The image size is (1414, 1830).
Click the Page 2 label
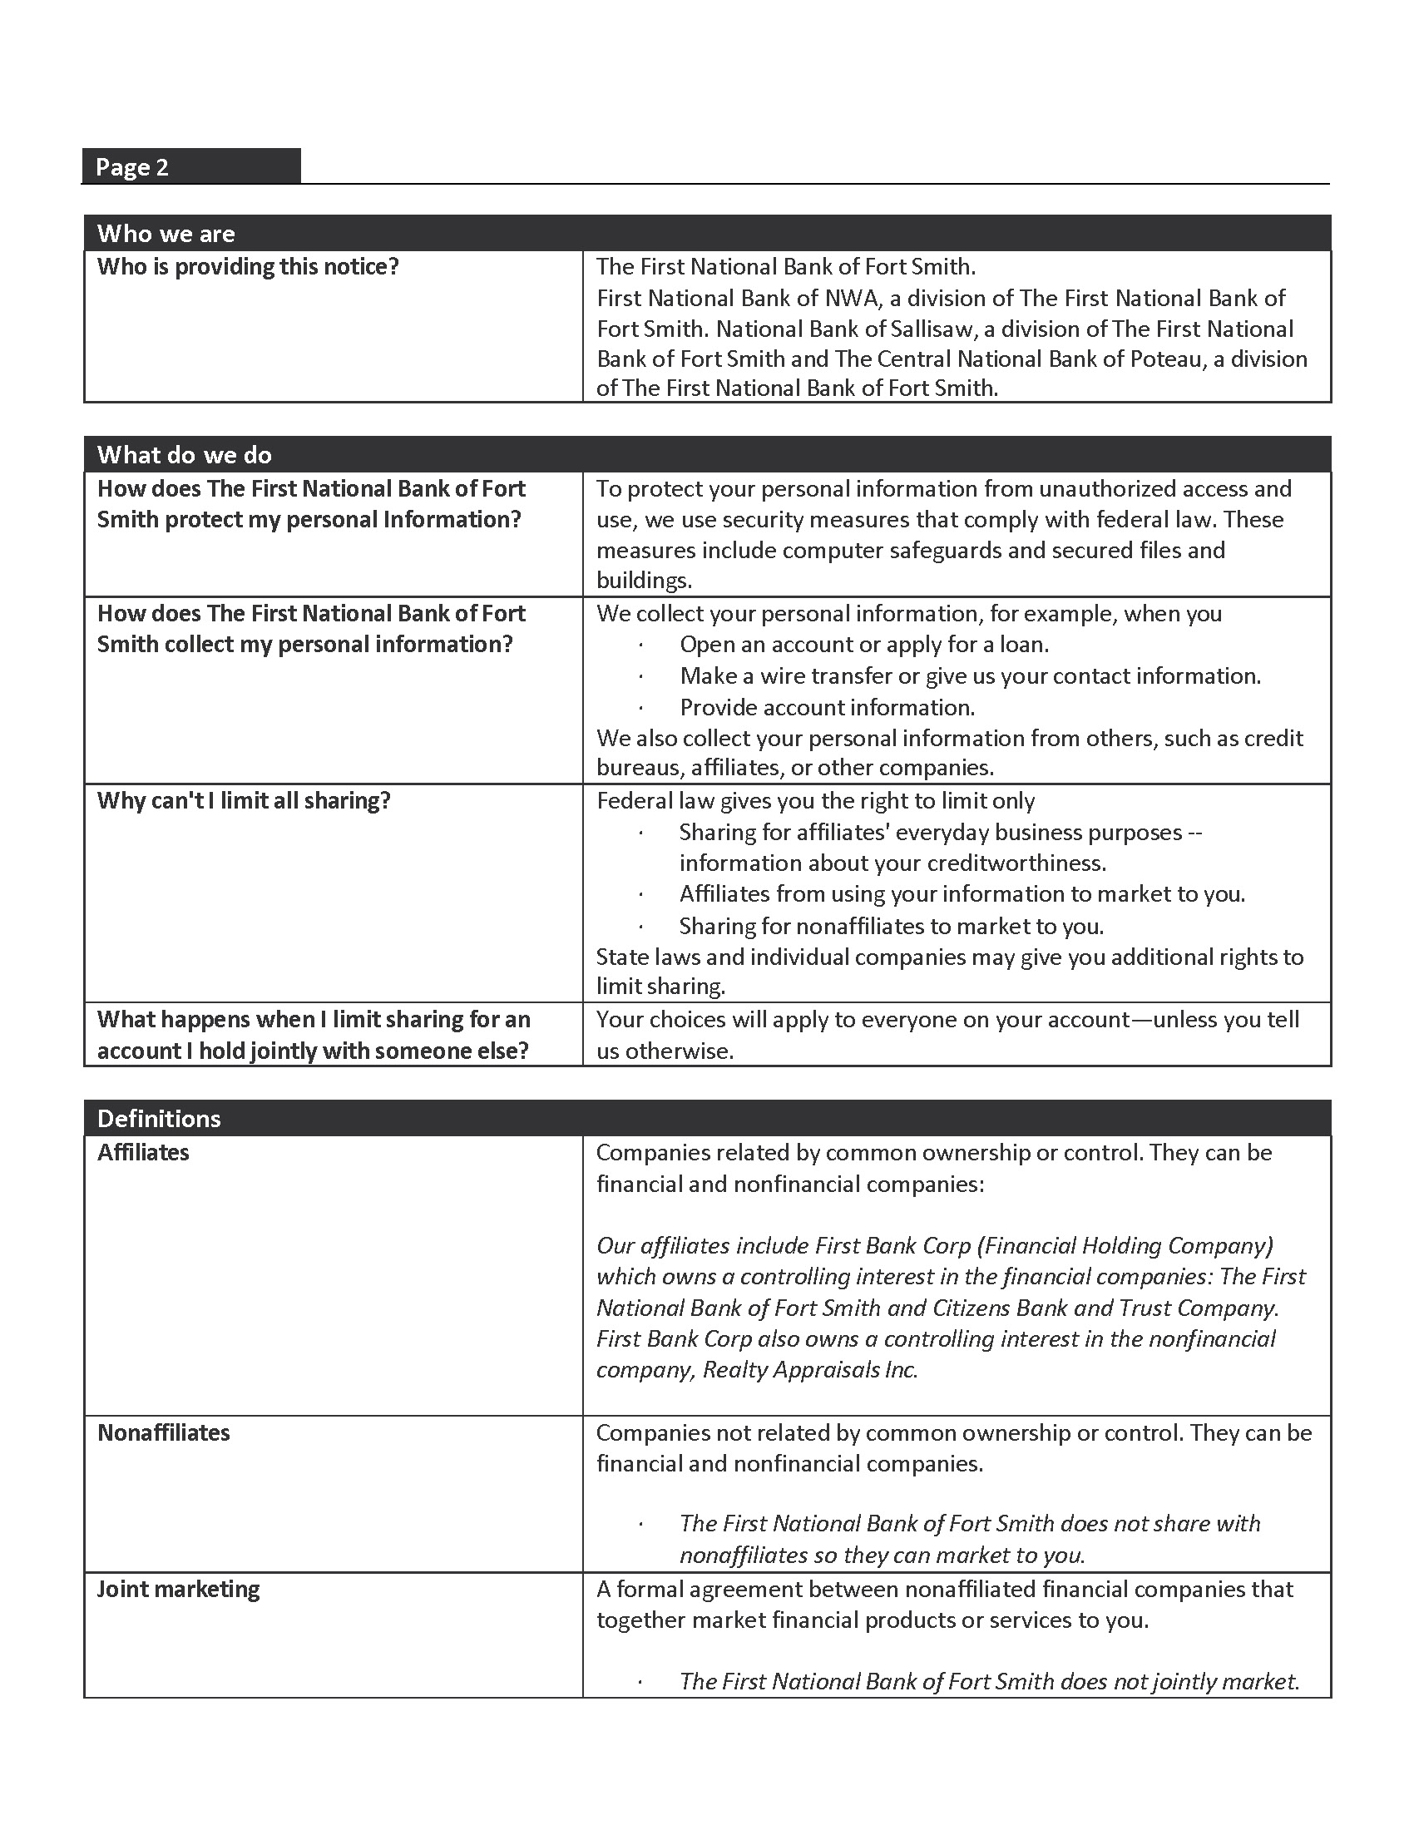[x=132, y=167]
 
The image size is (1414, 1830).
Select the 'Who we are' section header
[x=166, y=234]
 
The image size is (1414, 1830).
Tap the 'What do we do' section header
[x=185, y=455]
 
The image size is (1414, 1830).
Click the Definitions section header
[x=159, y=1119]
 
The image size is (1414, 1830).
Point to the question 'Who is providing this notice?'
[x=248, y=267]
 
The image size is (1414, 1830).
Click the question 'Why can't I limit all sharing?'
[x=244, y=801]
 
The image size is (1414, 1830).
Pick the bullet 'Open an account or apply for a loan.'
[x=863, y=645]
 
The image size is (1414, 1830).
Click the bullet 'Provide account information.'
[x=827, y=708]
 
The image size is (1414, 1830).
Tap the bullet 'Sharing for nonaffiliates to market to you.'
[x=892, y=926]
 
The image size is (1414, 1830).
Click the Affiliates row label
[x=143, y=1153]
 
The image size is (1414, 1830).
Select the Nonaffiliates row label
[x=163, y=1433]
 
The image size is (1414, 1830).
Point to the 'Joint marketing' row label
[x=179, y=1590]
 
